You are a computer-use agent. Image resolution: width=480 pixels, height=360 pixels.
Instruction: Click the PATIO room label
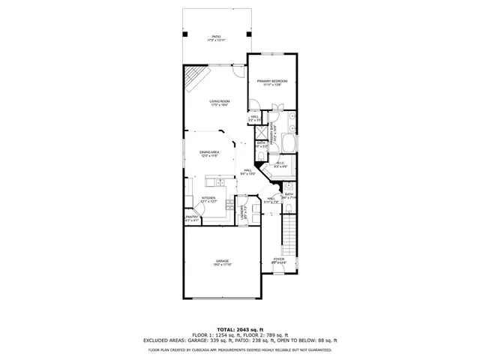(x=216, y=37)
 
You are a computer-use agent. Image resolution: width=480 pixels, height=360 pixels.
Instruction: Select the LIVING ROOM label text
(x=219, y=103)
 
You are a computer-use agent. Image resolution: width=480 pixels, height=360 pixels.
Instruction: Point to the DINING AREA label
(x=209, y=154)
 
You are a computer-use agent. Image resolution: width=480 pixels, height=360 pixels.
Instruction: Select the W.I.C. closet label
(x=280, y=164)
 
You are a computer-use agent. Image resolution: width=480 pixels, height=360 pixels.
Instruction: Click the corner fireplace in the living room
(x=194, y=76)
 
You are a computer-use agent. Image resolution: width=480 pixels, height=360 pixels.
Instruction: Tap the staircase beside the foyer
(x=286, y=232)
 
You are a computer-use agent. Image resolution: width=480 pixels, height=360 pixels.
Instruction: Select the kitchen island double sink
(x=219, y=182)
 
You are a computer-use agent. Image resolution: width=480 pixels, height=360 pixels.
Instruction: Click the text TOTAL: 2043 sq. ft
(x=240, y=329)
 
